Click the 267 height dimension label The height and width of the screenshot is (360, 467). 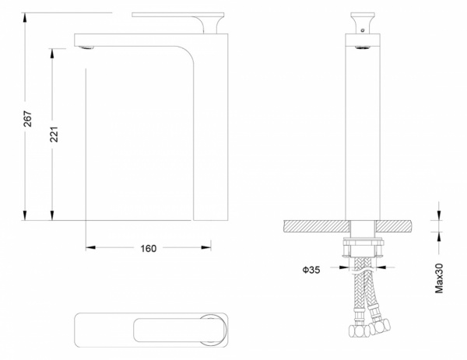(28, 118)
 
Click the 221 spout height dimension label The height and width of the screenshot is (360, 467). (54, 135)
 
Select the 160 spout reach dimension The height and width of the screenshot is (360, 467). (149, 248)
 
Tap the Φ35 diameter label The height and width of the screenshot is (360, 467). (311, 270)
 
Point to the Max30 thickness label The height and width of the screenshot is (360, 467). (439, 278)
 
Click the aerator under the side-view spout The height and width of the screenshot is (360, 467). (86, 47)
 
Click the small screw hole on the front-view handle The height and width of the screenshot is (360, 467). (363, 30)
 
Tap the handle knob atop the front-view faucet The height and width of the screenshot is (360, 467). (363, 23)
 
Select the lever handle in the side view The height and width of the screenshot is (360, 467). (178, 23)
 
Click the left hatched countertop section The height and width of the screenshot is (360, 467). (317, 226)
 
